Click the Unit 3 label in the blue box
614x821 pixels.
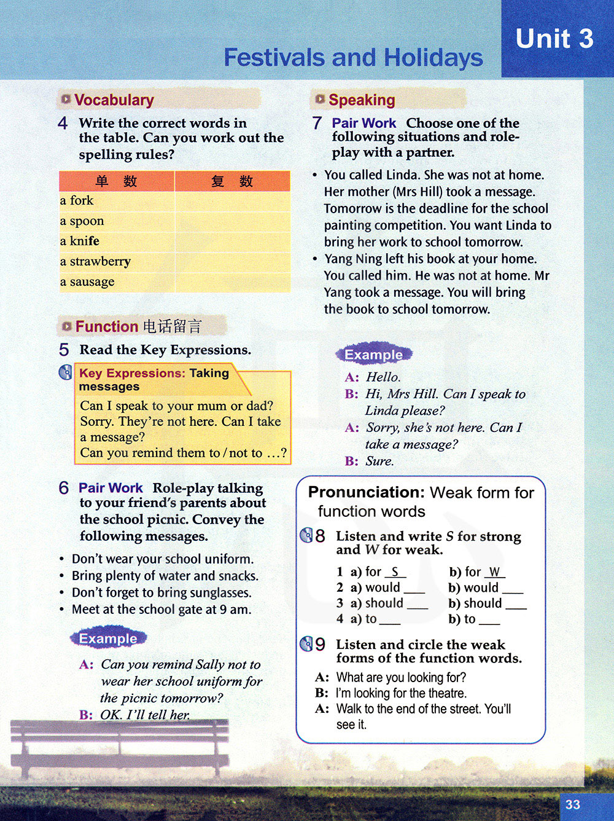(x=554, y=39)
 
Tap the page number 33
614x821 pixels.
(x=572, y=804)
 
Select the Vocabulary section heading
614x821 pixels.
(x=114, y=100)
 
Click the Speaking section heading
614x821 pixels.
(x=362, y=100)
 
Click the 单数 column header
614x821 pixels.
(x=116, y=181)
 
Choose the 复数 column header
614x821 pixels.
(x=231, y=181)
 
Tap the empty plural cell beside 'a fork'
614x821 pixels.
(x=232, y=201)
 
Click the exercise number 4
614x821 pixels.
(x=63, y=124)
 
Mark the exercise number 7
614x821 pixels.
(x=317, y=124)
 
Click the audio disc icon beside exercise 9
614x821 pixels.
(x=306, y=644)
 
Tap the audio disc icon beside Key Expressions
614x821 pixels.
(x=65, y=372)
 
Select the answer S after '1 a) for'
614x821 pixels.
(x=395, y=572)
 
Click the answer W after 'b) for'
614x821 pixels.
(x=494, y=572)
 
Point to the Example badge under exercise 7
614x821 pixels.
(x=373, y=355)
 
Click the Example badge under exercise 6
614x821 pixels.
(x=108, y=638)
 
